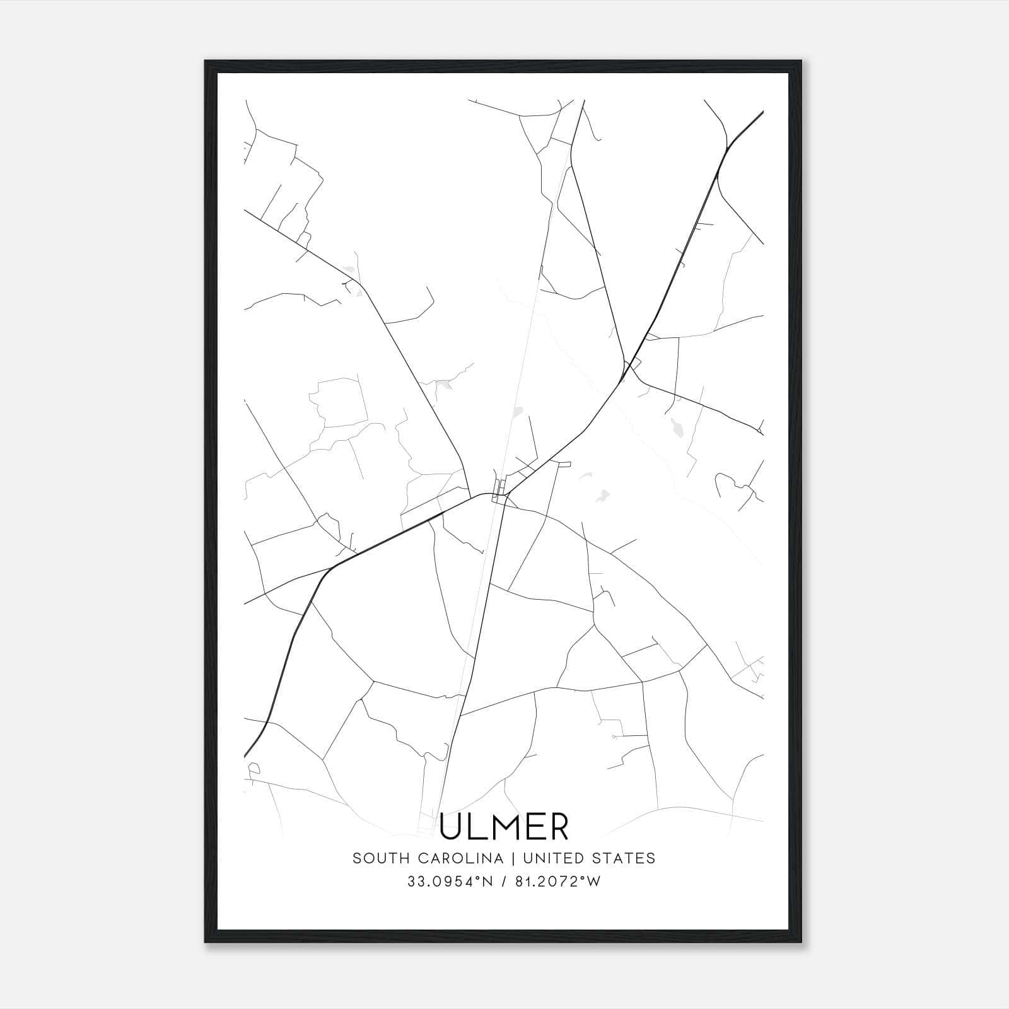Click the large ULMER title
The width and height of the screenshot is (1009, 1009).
[504, 826]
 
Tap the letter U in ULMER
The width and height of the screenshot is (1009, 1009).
[452, 827]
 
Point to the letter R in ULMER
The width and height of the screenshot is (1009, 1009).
[557, 827]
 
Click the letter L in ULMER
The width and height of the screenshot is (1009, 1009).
[477, 827]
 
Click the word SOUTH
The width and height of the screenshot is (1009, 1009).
[375, 858]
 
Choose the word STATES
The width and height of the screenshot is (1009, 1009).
[624, 858]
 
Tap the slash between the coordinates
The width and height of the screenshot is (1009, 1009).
[503, 882]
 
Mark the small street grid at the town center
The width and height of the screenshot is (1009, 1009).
[499, 489]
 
